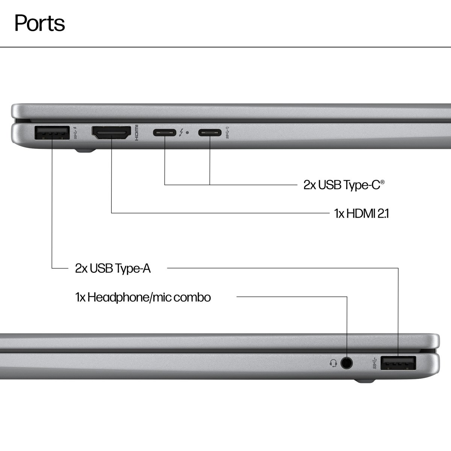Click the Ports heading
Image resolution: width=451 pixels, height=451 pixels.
[39, 23]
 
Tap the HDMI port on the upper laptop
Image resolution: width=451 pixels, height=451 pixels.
[112, 133]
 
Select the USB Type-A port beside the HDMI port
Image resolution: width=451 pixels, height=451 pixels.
[51, 133]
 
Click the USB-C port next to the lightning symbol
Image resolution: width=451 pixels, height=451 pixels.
[165, 132]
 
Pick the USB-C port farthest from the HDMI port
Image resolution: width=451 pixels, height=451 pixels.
[210, 132]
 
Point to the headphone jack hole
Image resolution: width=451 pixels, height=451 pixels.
[347, 363]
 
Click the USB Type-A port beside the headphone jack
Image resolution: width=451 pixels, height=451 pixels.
[398, 363]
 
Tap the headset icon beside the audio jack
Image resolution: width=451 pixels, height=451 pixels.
[333, 363]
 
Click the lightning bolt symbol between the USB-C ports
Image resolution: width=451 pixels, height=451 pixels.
[182, 132]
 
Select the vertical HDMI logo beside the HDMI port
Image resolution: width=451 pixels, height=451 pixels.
[137, 133]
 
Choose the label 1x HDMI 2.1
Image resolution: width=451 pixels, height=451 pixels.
[362, 214]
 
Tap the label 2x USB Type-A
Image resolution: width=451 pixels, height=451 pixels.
[113, 268]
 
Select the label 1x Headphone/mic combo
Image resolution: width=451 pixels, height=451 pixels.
[143, 297]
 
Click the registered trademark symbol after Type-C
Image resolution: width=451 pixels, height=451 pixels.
[382, 182]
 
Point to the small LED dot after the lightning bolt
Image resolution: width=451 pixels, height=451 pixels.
[188, 132]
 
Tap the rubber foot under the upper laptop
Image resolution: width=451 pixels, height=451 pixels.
[85, 151]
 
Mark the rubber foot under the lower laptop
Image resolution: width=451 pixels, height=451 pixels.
[365, 381]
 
